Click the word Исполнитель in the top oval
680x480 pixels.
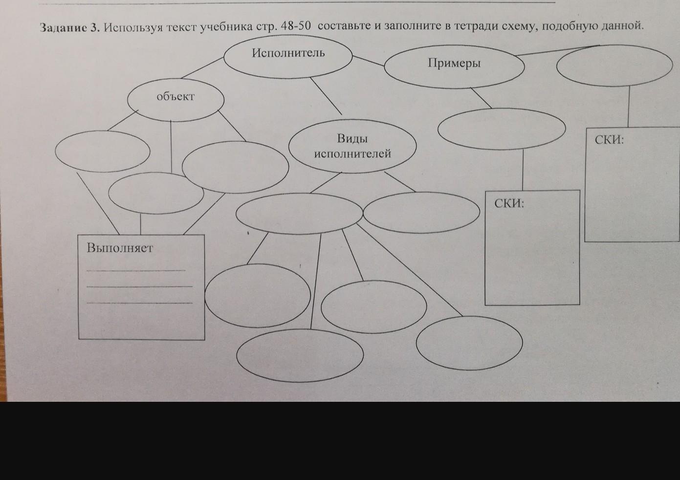click(x=288, y=53)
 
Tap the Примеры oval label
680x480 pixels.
click(x=454, y=63)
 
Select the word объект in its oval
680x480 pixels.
click(x=175, y=96)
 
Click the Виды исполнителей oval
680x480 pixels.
click(x=352, y=146)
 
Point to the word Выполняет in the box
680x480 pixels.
click(x=120, y=248)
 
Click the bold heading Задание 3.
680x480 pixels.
click(x=69, y=28)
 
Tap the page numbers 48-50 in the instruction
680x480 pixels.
click(x=296, y=26)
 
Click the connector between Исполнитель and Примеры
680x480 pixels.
click(x=368, y=61)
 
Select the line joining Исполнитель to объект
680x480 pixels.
click(x=202, y=68)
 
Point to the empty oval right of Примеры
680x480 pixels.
click(x=614, y=65)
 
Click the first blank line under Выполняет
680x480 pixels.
click(x=136, y=270)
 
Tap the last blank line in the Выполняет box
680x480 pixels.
click(x=139, y=303)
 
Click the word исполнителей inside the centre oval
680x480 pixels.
click(x=352, y=153)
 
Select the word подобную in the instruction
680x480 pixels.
click(x=559, y=26)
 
